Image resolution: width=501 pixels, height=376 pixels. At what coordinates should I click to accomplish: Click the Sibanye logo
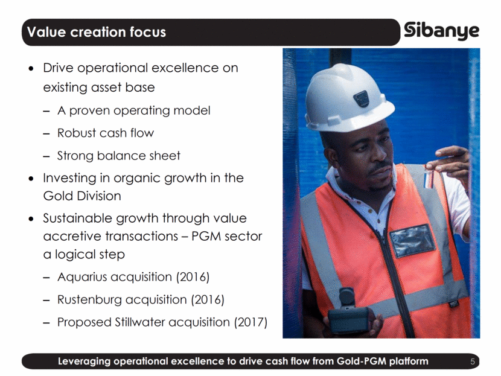[442, 31]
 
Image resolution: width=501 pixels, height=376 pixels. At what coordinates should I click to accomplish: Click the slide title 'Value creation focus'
[97, 32]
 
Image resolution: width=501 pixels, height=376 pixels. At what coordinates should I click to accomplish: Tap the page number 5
[473, 362]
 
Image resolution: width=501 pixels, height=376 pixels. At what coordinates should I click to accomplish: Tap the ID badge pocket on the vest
[412, 240]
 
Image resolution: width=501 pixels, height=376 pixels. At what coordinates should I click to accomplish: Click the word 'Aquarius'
[82, 277]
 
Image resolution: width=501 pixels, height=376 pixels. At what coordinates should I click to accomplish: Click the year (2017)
[251, 322]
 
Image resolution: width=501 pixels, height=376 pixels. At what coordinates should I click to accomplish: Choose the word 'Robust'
[77, 133]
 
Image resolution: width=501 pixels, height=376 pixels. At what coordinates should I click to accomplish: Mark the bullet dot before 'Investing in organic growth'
[31, 178]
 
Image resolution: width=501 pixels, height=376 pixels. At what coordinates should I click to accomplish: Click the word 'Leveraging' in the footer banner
[85, 362]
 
